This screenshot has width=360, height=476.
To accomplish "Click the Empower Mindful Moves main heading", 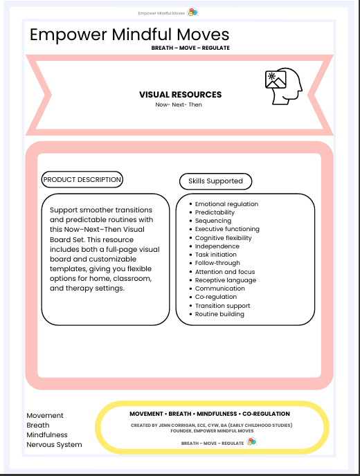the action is tap(129, 35).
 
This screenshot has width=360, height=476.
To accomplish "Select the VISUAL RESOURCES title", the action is tap(180, 95).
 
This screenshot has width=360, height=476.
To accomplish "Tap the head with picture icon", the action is tap(285, 87).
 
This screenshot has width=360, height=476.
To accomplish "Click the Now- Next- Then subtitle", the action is tap(179, 104).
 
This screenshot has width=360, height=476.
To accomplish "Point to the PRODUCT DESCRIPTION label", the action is tap(82, 180).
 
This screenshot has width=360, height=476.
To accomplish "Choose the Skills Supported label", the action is tap(215, 181).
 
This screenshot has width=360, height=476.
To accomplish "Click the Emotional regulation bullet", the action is tap(226, 204).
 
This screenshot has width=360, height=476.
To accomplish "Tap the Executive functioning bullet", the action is tap(227, 229).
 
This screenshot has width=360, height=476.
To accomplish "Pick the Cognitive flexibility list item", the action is tap(223, 238).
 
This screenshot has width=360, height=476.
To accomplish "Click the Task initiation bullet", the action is tap(217, 255).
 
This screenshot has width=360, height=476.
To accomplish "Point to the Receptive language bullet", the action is tap(225, 280).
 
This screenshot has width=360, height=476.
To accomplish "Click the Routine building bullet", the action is tap(219, 314).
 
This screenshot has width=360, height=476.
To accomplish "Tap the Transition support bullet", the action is tap(222, 306).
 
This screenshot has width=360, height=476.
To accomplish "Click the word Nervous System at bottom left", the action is tap(54, 445).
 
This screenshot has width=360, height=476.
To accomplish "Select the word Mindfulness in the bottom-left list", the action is tap(47, 435).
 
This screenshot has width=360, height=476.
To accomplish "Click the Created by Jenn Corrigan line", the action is tap(211, 425).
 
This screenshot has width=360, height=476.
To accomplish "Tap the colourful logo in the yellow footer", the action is tap(252, 442).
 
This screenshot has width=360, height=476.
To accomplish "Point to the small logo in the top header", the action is tap(193, 12).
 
